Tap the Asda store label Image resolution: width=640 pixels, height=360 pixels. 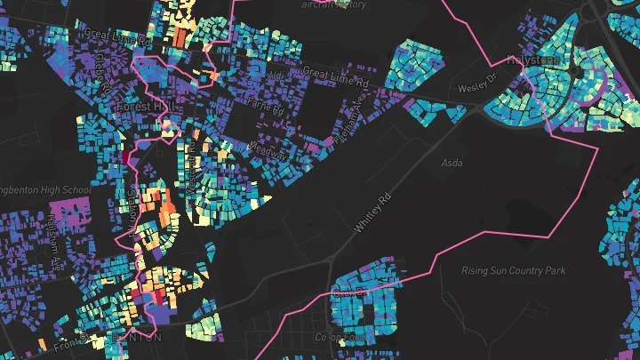[x=452, y=163]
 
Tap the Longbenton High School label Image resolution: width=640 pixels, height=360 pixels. [x=44, y=189]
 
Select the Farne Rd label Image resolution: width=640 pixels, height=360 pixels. [x=265, y=109]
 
